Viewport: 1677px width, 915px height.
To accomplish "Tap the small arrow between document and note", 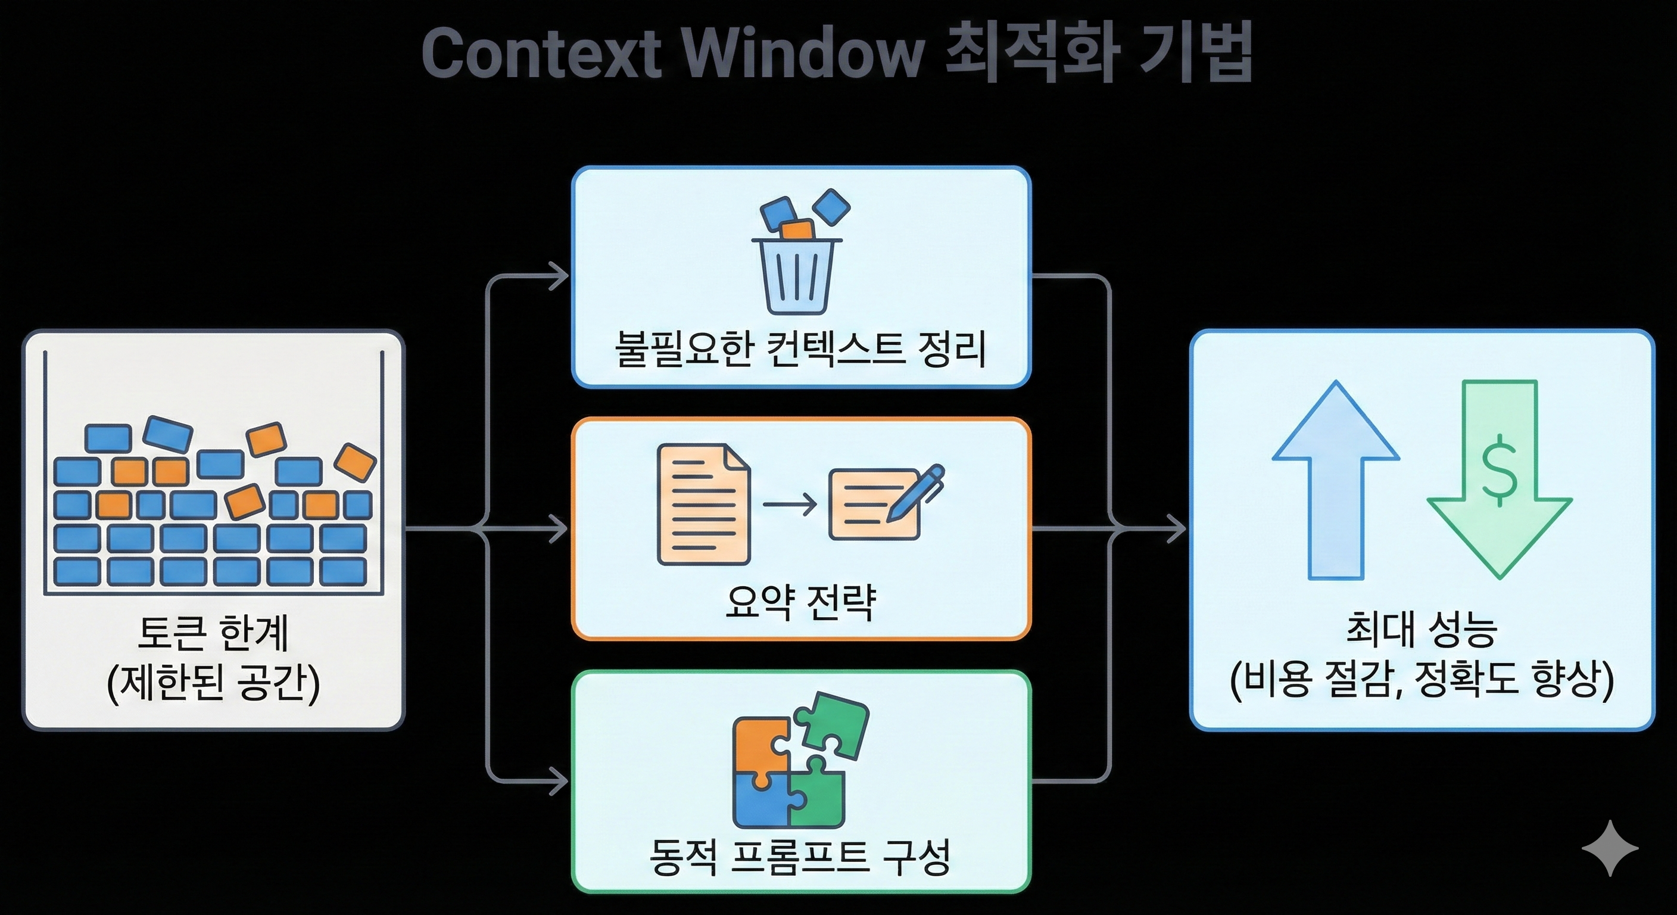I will pos(790,503).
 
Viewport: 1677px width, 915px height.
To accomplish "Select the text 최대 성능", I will pos(1422,630).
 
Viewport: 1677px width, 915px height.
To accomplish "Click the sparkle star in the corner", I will pos(1610,848).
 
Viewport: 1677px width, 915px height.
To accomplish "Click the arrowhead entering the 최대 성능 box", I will pos(1177,528).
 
